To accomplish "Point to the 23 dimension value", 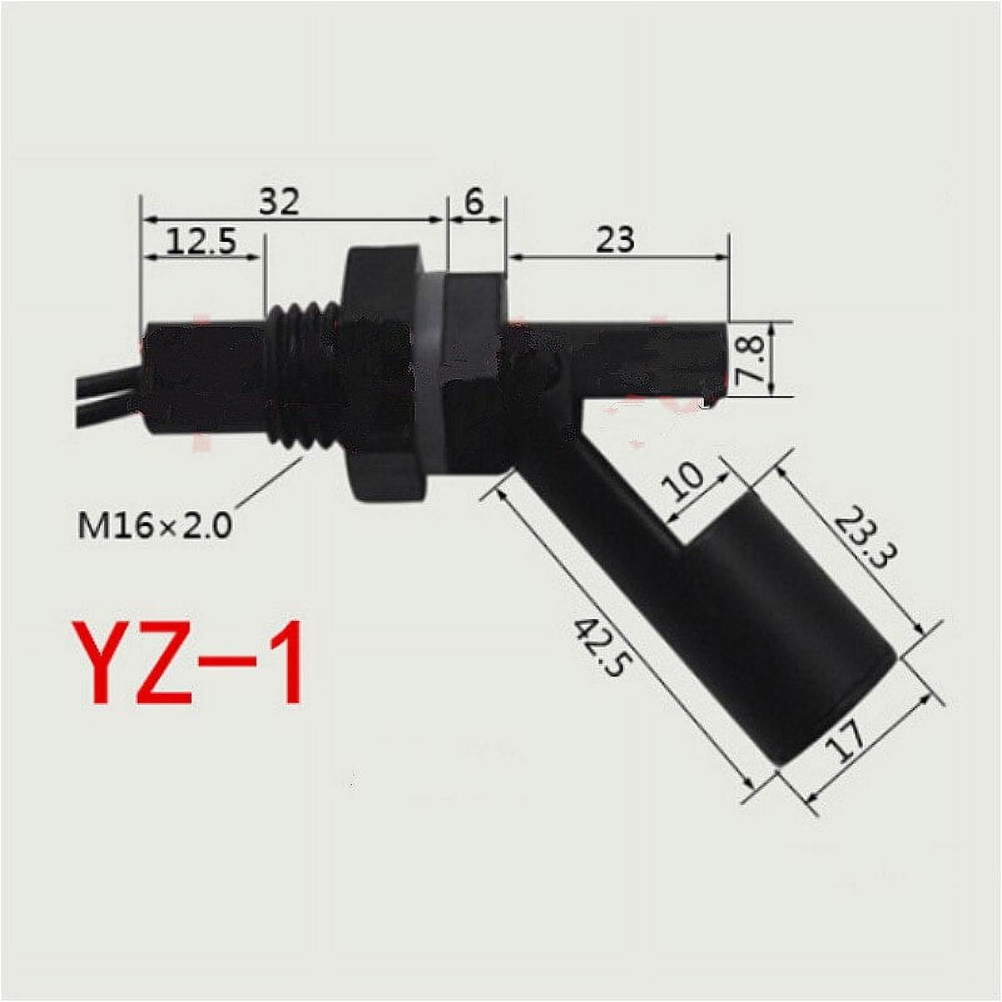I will point(615,239).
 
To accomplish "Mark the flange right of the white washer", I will point(475,369).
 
